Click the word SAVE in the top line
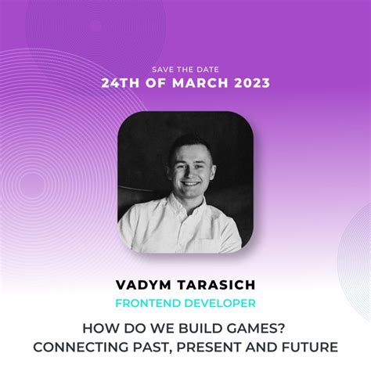(x=159, y=68)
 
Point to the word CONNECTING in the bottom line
(x=78, y=346)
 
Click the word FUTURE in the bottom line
(x=309, y=346)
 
